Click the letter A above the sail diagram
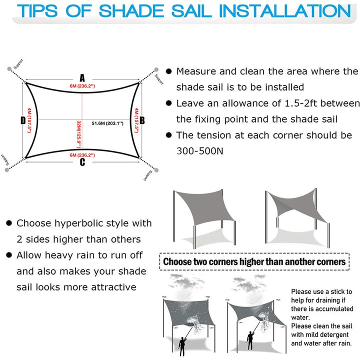point(82,77)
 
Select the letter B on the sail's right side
point(142,120)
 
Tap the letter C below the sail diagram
point(82,161)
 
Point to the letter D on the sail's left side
point(23,120)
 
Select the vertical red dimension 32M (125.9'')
point(79,134)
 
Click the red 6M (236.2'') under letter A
point(82,85)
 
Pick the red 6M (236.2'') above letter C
point(82,154)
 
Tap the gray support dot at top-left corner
point(7,69)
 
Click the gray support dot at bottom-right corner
point(156,170)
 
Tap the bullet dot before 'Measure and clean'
point(169,72)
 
